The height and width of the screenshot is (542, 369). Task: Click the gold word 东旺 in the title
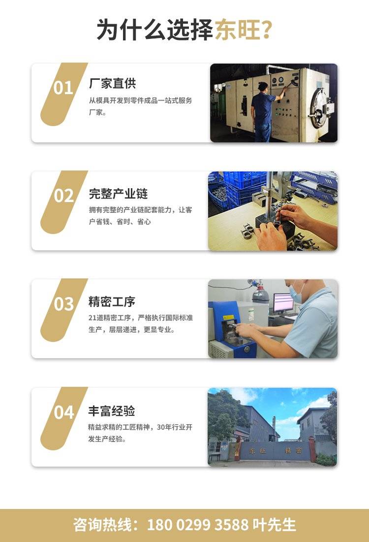click(238, 30)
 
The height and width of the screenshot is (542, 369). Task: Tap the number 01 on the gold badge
click(63, 88)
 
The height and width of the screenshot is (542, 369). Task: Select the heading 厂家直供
click(113, 83)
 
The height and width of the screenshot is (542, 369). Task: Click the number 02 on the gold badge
click(63, 196)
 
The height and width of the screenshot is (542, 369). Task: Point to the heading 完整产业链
click(119, 194)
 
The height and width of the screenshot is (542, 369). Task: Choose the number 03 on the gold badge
click(63, 304)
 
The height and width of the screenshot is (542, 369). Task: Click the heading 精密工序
click(112, 302)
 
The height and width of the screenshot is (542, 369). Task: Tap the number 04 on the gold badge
click(64, 412)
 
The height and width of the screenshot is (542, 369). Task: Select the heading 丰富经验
click(112, 410)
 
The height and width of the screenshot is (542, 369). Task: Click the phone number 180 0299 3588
click(198, 525)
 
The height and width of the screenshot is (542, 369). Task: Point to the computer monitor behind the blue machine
click(283, 303)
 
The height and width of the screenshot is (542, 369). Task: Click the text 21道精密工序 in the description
click(110, 318)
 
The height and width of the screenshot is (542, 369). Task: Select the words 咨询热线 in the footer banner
click(102, 525)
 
